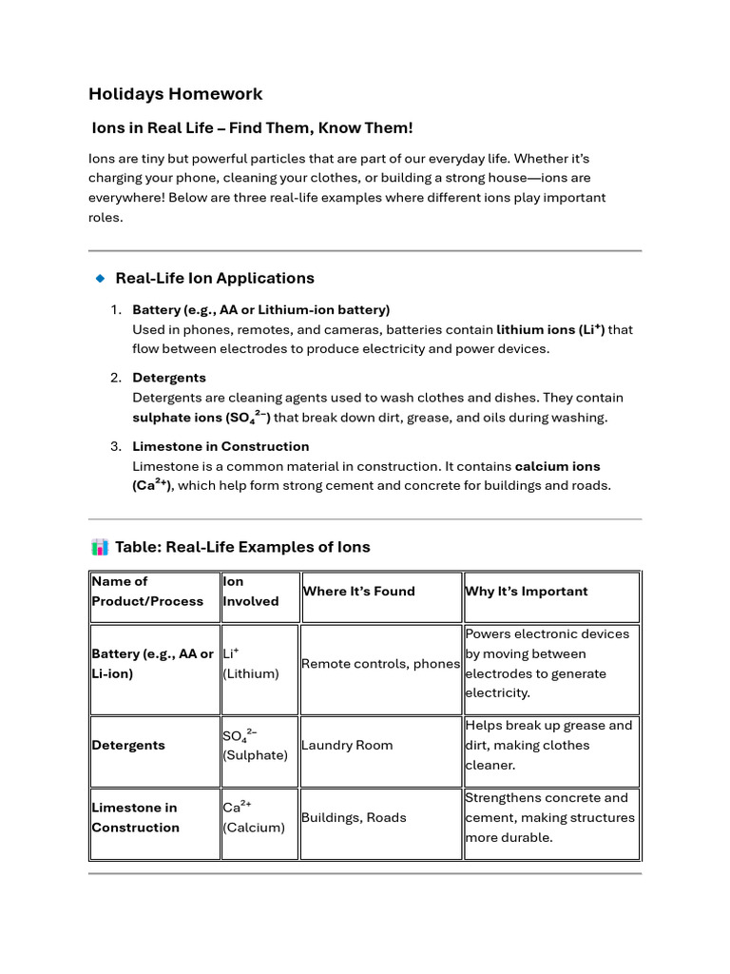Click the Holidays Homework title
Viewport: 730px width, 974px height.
[175, 94]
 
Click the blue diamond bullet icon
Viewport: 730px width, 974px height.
[100, 279]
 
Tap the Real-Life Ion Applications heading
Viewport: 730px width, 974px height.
[214, 279]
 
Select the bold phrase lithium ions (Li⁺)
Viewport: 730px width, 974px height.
[550, 330]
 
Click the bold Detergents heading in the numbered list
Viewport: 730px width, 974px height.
[168, 378]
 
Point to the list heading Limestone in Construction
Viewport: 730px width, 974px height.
[221, 446]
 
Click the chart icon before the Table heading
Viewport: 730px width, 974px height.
[99, 547]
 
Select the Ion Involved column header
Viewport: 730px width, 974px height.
[250, 592]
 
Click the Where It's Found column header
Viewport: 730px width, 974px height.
[358, 592]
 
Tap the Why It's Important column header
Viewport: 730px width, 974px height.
[526, 592]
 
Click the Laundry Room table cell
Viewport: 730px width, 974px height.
[347, 746]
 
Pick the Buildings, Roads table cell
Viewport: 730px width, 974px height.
[354, 818]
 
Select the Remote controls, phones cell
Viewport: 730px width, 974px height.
[380, 664]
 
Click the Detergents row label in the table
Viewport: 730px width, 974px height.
[127, 746]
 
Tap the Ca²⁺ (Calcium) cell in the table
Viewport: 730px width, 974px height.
[254, 817]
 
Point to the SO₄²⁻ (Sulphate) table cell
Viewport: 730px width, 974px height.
[255, 745]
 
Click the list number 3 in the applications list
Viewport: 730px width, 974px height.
[115, 446]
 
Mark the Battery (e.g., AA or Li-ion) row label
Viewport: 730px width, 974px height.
[152, 664]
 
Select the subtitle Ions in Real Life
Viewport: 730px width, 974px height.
[252, 128]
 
